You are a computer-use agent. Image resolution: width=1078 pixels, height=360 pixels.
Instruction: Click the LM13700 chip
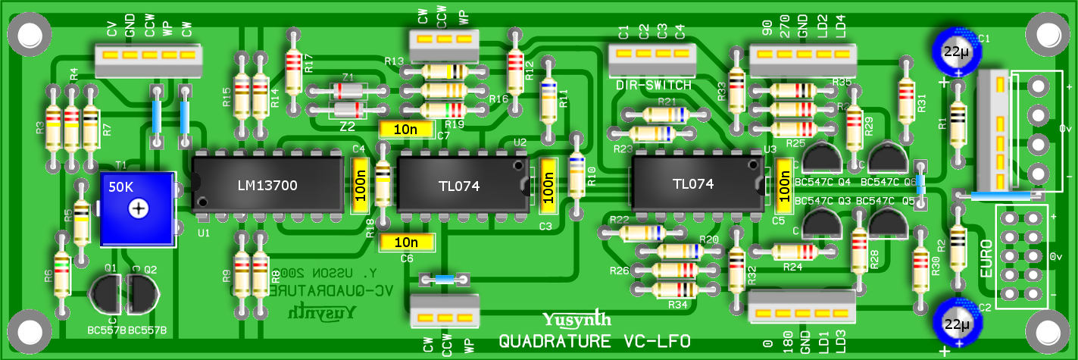pos(267,184)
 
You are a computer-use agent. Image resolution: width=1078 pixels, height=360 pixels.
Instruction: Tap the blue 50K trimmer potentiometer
pos(138,208)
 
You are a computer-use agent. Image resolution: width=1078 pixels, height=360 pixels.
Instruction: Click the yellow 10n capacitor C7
pos(408,130)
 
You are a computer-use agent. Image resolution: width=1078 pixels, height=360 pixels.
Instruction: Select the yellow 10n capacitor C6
pos(408,243)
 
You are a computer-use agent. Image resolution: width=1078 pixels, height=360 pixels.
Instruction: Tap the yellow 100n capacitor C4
pos(361,184)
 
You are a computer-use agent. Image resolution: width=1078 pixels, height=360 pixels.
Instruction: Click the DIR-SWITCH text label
pos(653,86)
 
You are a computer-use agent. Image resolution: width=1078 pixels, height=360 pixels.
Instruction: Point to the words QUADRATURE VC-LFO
pos(594,342)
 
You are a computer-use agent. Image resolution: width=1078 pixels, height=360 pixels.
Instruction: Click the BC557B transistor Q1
pos(105,292)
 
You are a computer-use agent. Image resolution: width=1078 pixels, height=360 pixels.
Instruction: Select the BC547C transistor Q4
pos(821,158)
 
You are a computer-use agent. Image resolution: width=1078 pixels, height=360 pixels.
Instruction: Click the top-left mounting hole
pos(29,33)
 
